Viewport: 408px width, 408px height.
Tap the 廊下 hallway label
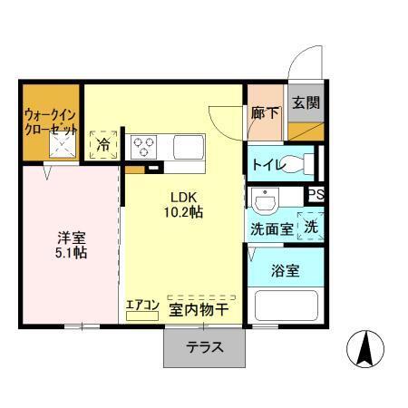(x=266, y=113)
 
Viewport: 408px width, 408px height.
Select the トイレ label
(x=267, y=165)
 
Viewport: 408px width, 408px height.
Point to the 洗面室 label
(x=271, y=228)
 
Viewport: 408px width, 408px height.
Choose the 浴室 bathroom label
(x=286, y=269)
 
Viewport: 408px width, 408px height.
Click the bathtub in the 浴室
(x=286, y=305)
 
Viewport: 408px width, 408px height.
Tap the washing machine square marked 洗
(x=311, y=227)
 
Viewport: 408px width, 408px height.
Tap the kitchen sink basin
(x=190, y=146)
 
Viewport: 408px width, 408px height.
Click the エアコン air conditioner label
(x=142, y=306)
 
